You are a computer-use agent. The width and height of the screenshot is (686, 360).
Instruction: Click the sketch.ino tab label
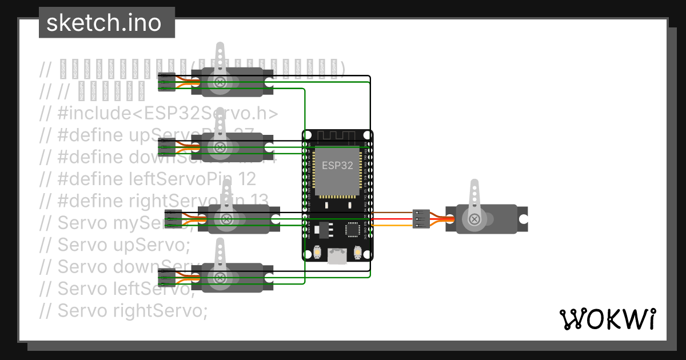103,23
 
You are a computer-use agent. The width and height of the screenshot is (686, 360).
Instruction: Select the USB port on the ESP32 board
337,255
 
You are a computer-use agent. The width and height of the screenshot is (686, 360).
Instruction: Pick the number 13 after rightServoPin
258,201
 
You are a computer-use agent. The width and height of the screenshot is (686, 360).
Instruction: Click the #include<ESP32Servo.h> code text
167,113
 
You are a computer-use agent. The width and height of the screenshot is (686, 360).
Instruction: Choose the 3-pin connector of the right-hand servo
421,219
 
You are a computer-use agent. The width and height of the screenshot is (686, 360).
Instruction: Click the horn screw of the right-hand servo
474,219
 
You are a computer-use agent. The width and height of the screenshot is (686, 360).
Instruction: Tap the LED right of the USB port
358,252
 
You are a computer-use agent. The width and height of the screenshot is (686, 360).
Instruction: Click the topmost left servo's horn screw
219,82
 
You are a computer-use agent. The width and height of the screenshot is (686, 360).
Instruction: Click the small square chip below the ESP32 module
351,230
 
